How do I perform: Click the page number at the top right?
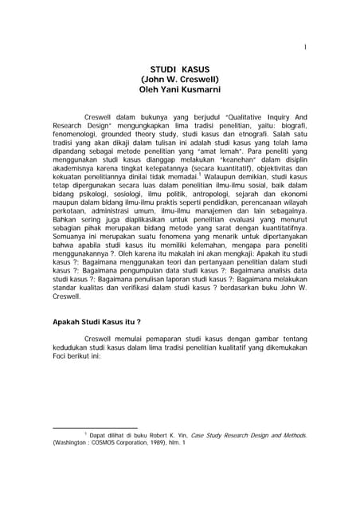[305, 25]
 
